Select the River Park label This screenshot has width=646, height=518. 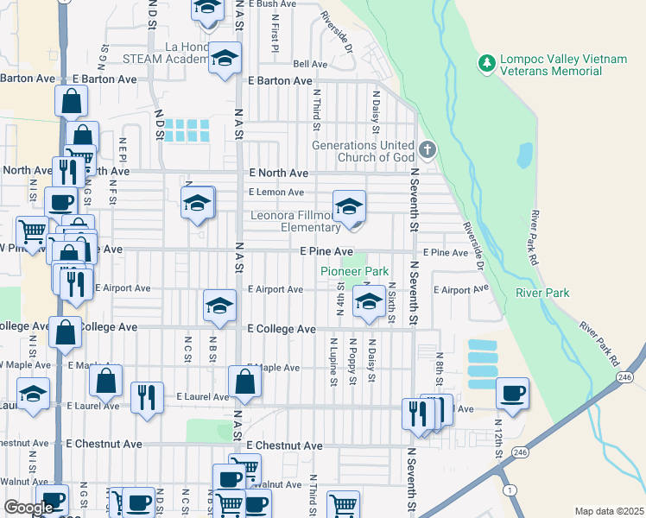tap(542, 294)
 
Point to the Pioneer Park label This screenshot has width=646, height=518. tap(354, 271)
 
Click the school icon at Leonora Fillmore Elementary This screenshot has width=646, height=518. tap(349, 206)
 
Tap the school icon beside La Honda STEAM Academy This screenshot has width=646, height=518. tap(225, 58)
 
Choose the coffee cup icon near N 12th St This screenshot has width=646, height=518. tap(512, 393)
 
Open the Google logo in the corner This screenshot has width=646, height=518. tap(28, 508)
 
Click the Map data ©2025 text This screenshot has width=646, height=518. tap(609, 511)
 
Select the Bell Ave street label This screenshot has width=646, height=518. tap(310, 64)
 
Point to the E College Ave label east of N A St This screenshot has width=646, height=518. tap(282, 329)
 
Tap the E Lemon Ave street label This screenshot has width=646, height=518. tap(276, 193)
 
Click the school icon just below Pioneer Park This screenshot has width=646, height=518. tap(369, 302)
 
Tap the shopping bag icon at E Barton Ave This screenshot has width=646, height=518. tap(71, 101)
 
